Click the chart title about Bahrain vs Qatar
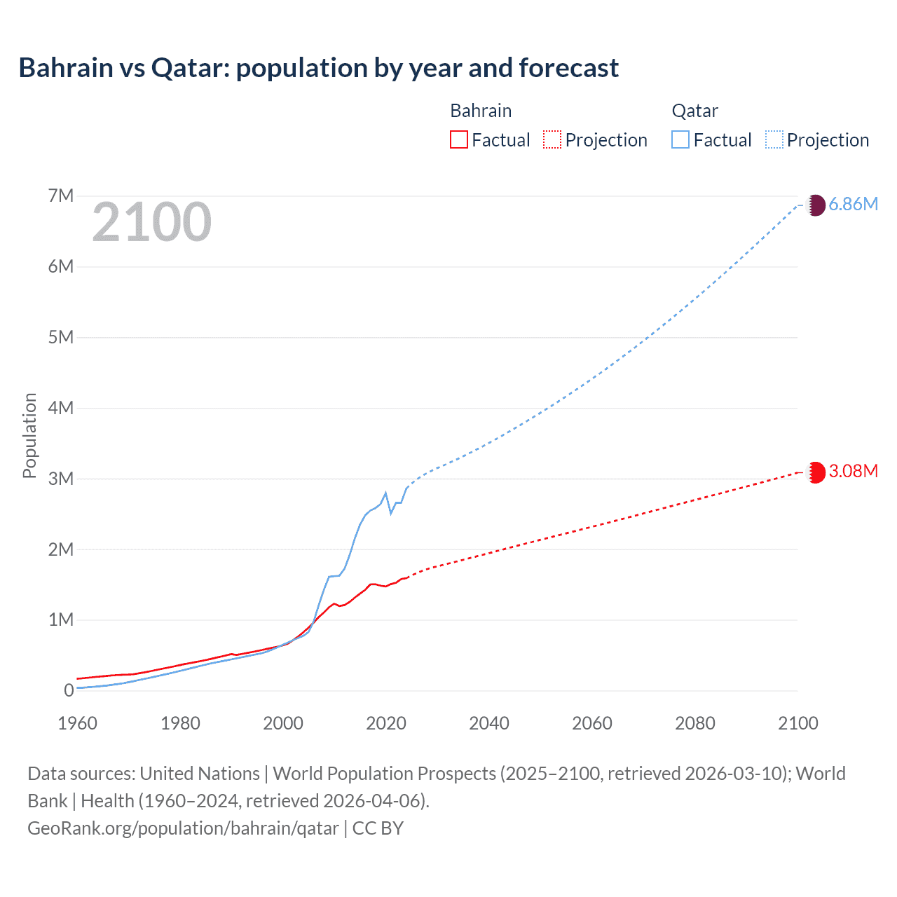pos(319,68)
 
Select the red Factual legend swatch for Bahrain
pos(458,139)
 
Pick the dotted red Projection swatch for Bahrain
pos(552,139)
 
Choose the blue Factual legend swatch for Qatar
pos(680,139)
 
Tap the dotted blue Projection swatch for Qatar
pos(774,139)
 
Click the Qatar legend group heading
pos(694,111)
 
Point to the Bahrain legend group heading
pos(481,111)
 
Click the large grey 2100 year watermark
pos(151,222)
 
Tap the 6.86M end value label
pos(853,204)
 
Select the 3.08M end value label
pos(853,471)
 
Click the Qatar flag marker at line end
pos(816,205)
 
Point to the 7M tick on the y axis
pos(61,196)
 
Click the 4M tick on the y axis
pos(61,408)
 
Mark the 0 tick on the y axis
pos(69,690)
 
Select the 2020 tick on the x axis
pos(386,723)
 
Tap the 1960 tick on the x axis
pos(77,723)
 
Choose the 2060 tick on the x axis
pos(592,723)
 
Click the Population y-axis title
pos(29,435)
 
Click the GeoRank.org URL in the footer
pos(183,828)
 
